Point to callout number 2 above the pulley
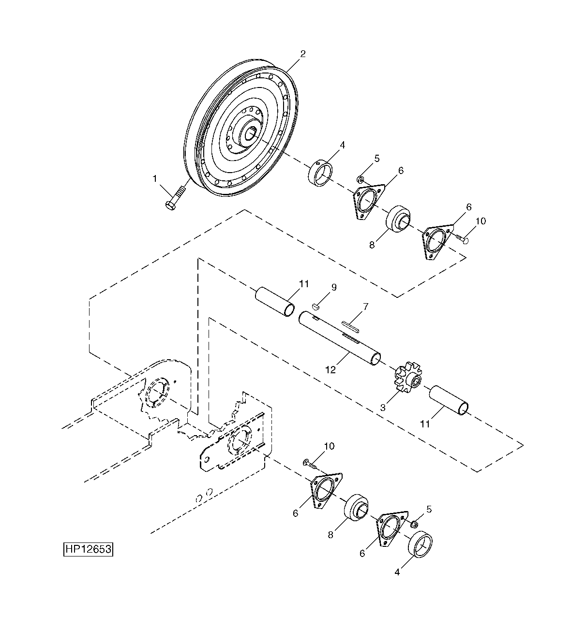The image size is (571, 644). [x=302, y=54]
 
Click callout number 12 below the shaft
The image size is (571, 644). [x=331, y=370]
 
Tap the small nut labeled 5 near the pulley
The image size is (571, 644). [x=360, y=180]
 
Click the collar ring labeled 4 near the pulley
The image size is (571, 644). [x=321, y=173]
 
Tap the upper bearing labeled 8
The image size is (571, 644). [x=398, y=219]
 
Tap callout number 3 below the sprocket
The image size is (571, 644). [x=383, y=408]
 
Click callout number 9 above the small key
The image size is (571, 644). [x=334, y=287]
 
